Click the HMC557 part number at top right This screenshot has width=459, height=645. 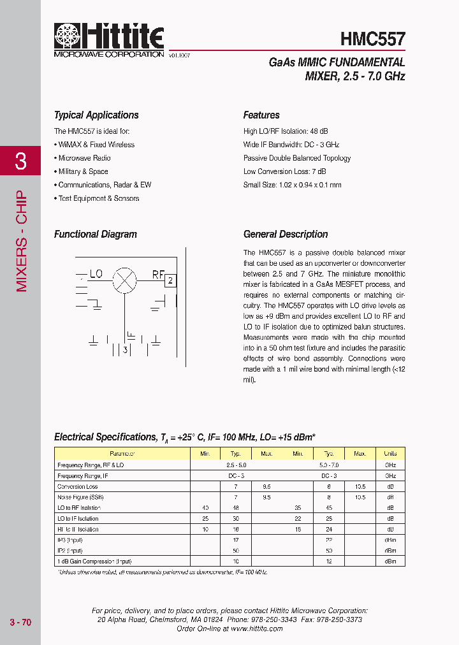click(372, 39)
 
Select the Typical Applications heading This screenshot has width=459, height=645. click(96, 115)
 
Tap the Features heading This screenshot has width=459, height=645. click(261, 115)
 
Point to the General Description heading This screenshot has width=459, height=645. click(286, 235)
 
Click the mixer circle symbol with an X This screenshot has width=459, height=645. click(124, 279)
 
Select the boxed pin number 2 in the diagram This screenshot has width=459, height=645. click(170, 280)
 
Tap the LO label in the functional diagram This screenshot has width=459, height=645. click(96, 275)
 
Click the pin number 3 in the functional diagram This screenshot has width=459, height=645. click(126, 349)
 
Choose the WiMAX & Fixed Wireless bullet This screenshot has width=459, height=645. click(96, 145)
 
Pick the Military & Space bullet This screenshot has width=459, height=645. click(83, 171)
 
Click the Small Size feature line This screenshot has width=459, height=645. click(292, 185)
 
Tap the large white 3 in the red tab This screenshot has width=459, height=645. click(20, 161)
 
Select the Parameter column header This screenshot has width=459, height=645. click(122, 454)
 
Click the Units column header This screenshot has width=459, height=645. click(390, 454)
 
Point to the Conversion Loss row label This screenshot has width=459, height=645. click(78, 487)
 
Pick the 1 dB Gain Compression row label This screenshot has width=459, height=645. click(94, 562)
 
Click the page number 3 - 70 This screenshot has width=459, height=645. click(20, 622)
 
